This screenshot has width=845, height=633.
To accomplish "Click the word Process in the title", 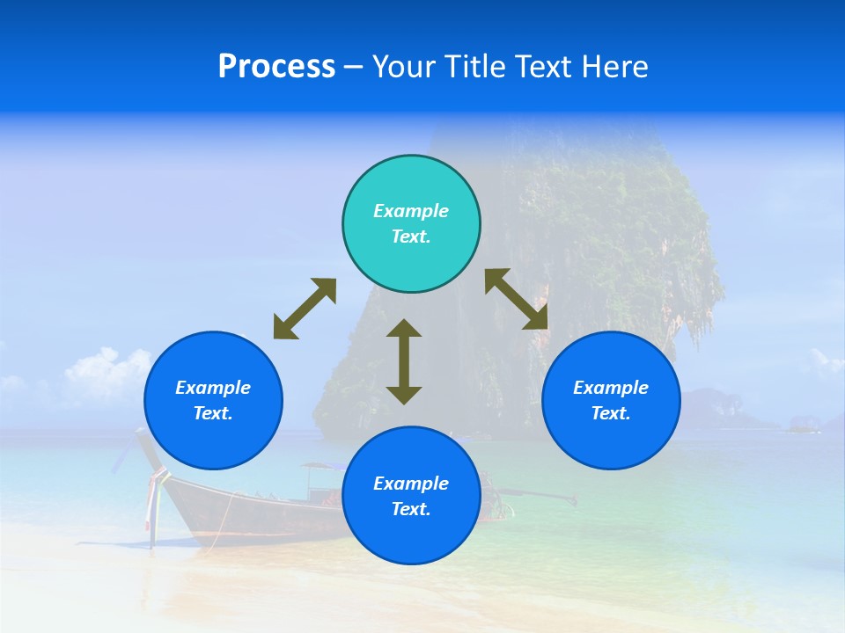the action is pos(276,67).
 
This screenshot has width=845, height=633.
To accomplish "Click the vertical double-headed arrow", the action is pos(404,362).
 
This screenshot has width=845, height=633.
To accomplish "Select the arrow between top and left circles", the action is pos(305,309).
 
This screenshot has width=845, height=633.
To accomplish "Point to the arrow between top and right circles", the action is pos(516,299).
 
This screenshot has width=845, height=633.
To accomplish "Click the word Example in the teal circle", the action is pos(411,211).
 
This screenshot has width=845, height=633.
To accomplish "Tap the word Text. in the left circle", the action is pos(213,413).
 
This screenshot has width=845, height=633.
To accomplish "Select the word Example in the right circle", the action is pos(611,388).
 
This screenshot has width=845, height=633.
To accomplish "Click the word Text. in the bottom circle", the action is pos(411,509).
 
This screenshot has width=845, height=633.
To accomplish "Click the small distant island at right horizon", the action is pos(803,426).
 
